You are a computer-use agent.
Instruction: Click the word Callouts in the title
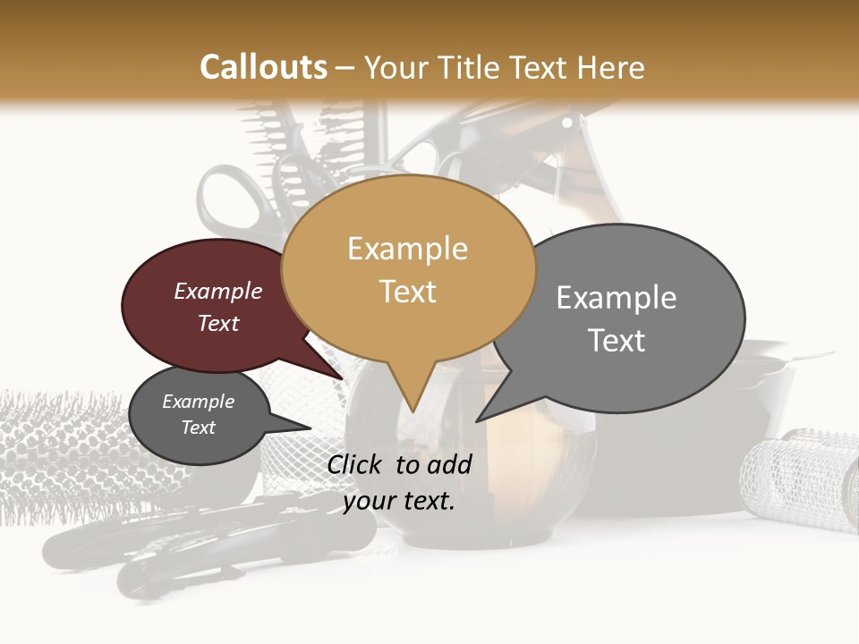point(263,67)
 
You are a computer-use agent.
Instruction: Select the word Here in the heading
point(608,68)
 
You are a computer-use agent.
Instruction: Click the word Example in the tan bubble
point(407,249)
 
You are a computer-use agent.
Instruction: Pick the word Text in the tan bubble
point(407,292)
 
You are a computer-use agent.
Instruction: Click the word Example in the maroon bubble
point(218,291)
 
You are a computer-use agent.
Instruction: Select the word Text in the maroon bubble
point(218,323)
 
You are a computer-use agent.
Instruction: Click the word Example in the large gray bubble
point(617,297)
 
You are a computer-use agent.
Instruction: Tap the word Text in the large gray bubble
point(617,340)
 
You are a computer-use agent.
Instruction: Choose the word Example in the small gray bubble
point(198,402)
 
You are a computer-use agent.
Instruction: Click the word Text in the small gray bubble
point(198,428)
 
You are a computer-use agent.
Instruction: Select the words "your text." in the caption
point(399,501)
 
